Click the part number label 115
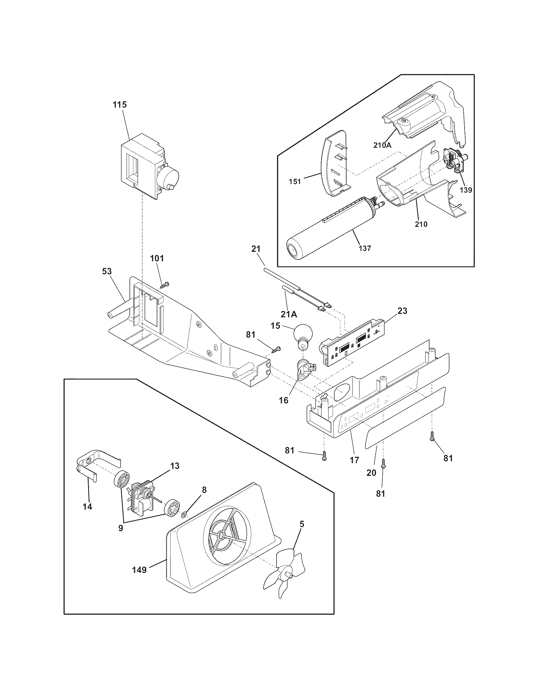(x=119, y=105)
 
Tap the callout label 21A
(x=289, y=314)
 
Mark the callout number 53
(x=107, y=271)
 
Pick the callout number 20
(x=371, y=473)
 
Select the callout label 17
(x=354, y=460)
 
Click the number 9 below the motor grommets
(x=121, y=528)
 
